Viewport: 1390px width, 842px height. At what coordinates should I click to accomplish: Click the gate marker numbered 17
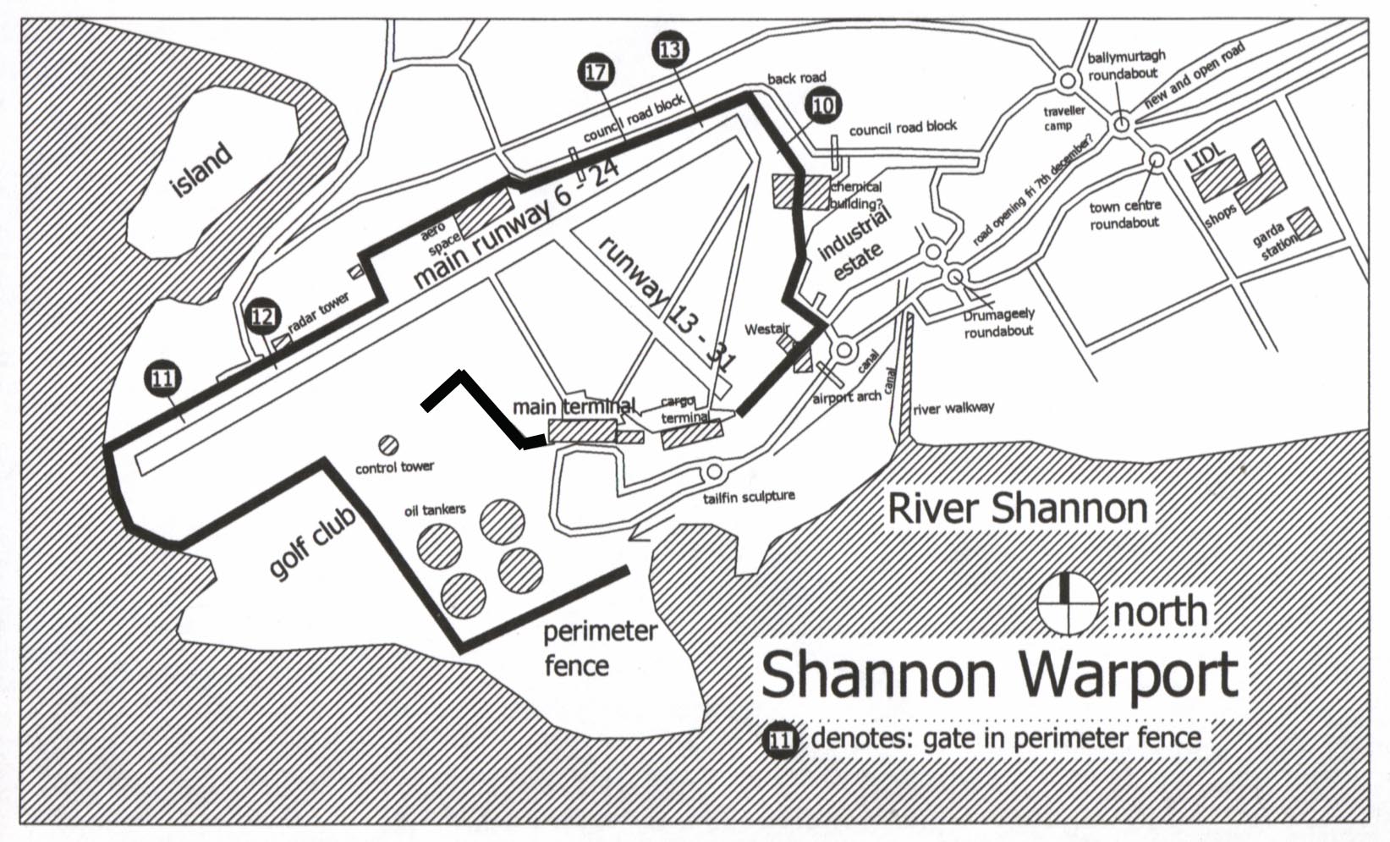point(596,72)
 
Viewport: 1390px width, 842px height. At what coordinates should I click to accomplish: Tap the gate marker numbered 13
point(670,50)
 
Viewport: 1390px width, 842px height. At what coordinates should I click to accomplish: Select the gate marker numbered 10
point(822,105)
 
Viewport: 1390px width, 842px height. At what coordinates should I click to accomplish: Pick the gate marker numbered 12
point(262,316)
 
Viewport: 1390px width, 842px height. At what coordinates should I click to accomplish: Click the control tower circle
point(388,444)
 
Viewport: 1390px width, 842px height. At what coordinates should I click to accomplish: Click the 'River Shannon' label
point(1018,509)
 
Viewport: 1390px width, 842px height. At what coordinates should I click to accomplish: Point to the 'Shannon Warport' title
point(999,673)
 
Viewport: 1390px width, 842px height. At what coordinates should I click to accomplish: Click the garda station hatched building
point(1308,224)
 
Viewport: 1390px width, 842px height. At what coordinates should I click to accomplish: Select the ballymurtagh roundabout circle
point(1067,81)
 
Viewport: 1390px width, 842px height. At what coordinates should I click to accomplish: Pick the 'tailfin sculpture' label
point(749,497)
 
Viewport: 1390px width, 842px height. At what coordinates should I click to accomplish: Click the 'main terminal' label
point(574,407)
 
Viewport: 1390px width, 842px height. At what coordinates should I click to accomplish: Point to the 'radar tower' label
point(318,316)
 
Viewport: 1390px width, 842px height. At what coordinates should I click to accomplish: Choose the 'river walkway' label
point(953,409)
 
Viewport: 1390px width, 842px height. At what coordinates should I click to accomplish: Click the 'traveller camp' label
point(1063,118)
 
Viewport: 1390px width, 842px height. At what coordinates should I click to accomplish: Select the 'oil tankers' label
point(433,509)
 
